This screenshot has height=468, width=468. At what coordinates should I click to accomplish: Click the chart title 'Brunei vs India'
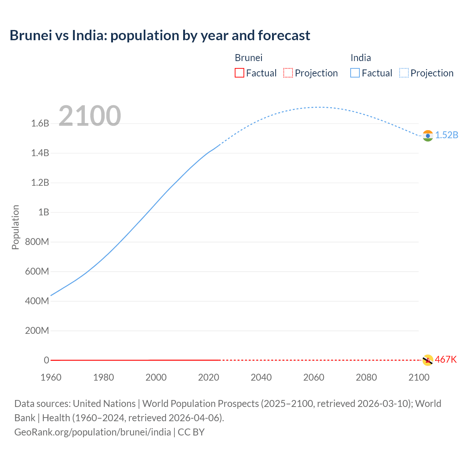pyautogui.click(x=160, y=35)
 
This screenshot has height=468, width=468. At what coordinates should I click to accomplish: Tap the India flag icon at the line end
pyautogui.click(x=428, y=136)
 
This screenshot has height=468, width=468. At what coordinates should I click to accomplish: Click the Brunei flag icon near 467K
pyautogui.click(x=427, y=360)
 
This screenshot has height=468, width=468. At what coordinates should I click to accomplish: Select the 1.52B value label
pyautogui.click(x=446, y=135)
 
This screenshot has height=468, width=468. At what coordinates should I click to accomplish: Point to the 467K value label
pyautogui.click(x=446, y=359)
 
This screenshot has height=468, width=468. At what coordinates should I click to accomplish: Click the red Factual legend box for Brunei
pyautogui.click(x=239, y=73)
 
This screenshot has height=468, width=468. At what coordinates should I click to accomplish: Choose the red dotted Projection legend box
pyautogui.click(x=288, y=73)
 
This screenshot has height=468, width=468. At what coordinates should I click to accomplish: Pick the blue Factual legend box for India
pyautogui.click(x=355, y=73)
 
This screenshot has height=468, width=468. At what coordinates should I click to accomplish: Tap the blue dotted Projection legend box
pyautogui.click(x=404, y=73)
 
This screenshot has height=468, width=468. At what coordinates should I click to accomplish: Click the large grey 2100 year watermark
pyautogui.click(x=90, y=116)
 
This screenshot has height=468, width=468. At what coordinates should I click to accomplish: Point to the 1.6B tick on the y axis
pyautogui.click(x=40, y=123)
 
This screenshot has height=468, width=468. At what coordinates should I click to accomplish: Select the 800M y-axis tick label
pyautogui.click(x=37, y=242)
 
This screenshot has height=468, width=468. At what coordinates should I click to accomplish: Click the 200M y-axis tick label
pyautogui.click(x=37, y=331)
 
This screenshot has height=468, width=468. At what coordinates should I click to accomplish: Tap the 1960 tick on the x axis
pyautogui.click(x=51, y=377)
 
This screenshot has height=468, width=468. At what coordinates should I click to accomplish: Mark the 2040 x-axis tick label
pyautogui.click(x=261, y=377)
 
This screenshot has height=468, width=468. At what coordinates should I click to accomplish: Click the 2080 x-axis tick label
pyautogui.click(x=366, y=377)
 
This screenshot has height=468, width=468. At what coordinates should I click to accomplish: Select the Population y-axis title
pyautogui.click(x=15, y=227)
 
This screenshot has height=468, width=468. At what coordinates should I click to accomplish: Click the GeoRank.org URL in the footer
pyautogui.click(x=93, y=432)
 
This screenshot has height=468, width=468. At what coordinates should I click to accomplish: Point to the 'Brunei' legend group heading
pyautogui.click(x=249, y=58)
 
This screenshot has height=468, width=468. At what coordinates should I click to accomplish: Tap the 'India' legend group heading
pyautogui.click(x=361, y=58)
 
